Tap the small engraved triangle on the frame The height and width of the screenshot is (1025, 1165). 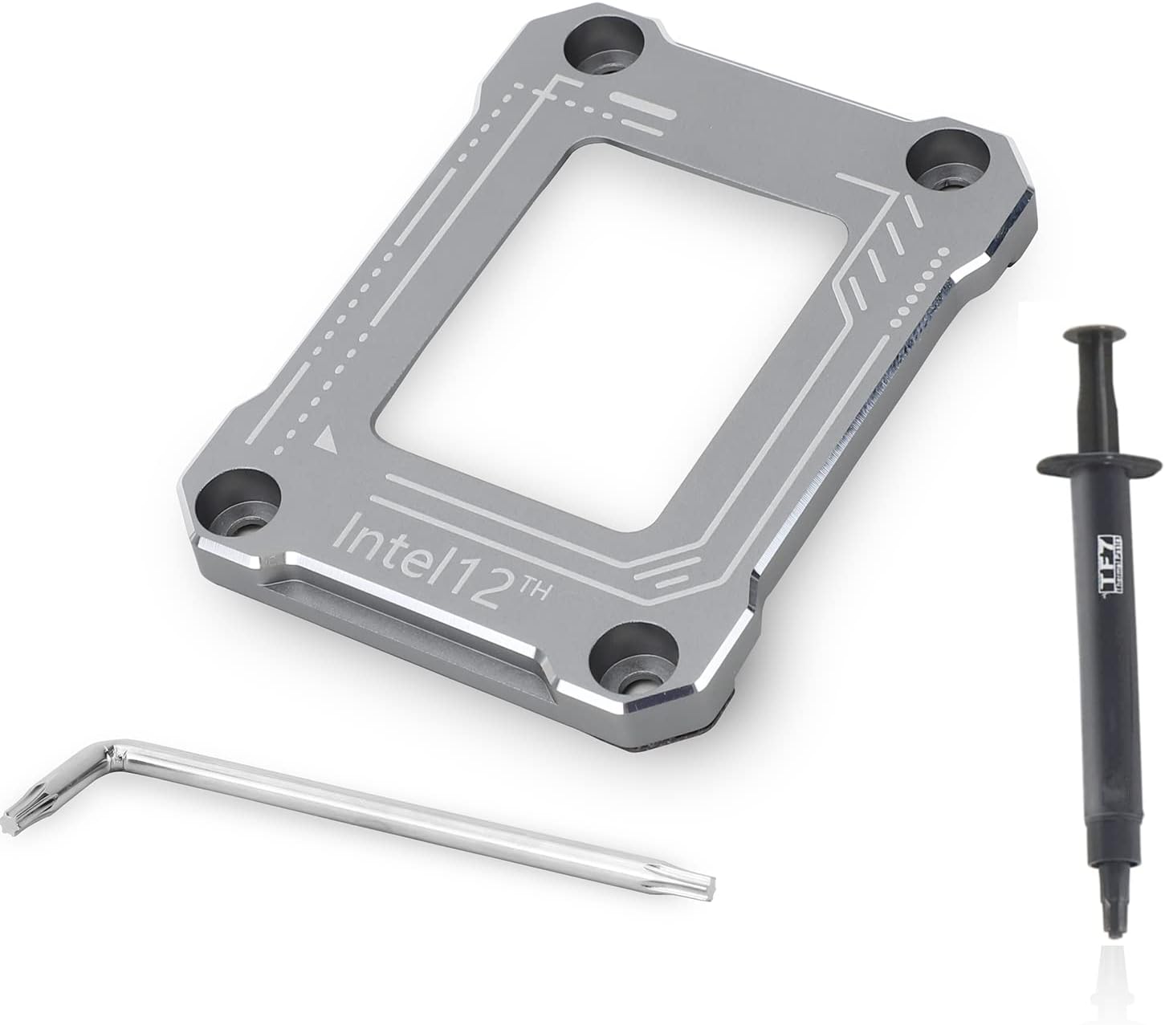point(325,439)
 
